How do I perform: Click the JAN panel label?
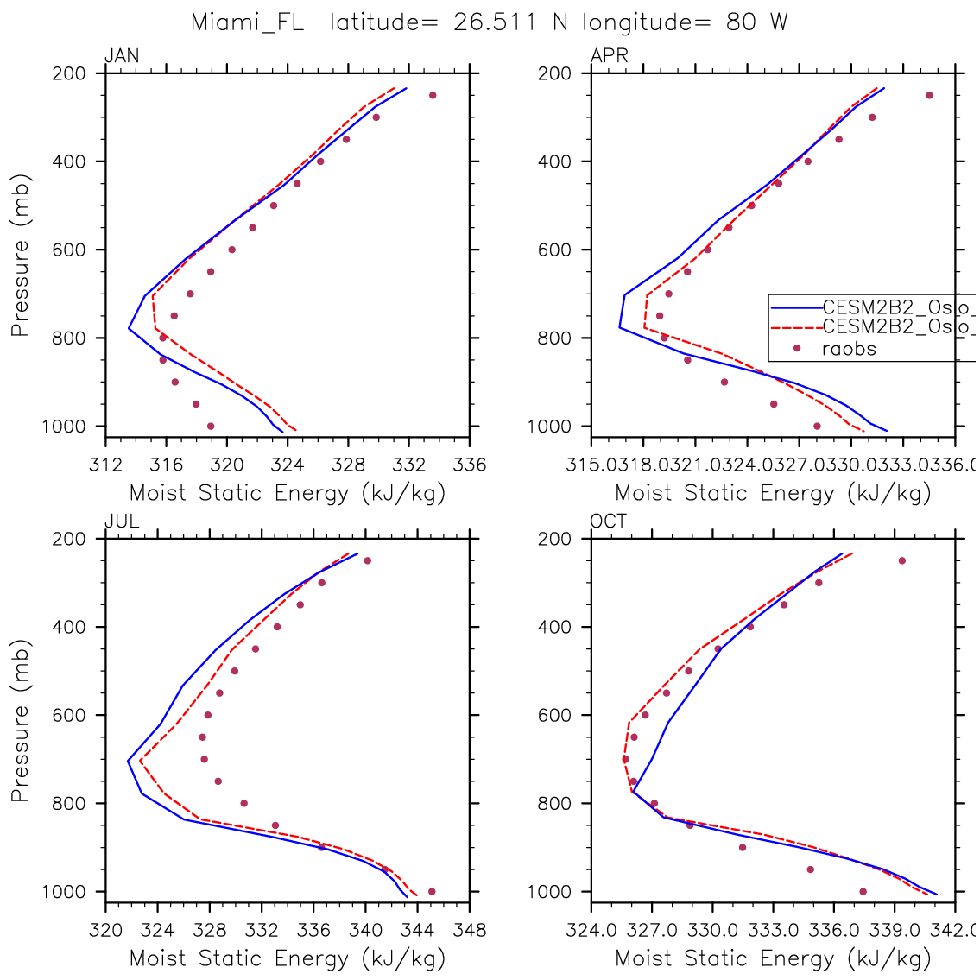click(x=121, y=57)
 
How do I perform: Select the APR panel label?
click(x=609, y=57)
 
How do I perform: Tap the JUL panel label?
click(x=121, y=522)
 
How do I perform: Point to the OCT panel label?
click(x=609, y=522)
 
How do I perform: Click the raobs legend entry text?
click(x=848, y=349)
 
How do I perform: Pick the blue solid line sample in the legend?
click(x=795, y=307)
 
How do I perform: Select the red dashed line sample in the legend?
click(x=795, y=327)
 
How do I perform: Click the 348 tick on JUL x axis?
click(x=470, y=931)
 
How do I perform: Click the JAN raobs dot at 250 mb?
click(x=433, y=95)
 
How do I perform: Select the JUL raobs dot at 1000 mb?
click(x=432, y=891)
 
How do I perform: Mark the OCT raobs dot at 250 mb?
click(x=901, y=560)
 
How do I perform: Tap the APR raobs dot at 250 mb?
click(x=929, y=95)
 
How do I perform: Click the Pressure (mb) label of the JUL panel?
click(x=20, y=721)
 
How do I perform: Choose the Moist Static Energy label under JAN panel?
click(x=287, y=494)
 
